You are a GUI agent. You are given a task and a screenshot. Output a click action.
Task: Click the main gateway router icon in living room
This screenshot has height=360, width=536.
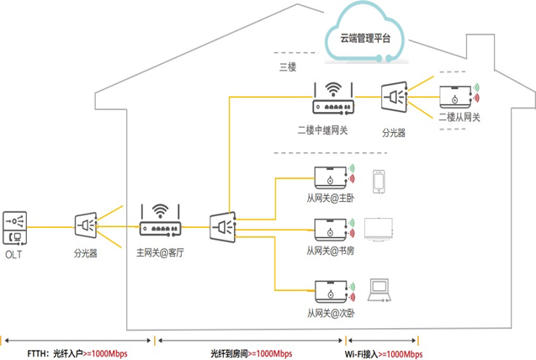click(160, 220)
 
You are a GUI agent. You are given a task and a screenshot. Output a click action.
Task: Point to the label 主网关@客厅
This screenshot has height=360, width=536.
click(160, 251)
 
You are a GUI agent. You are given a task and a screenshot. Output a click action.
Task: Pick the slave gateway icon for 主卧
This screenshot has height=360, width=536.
click(329, 178)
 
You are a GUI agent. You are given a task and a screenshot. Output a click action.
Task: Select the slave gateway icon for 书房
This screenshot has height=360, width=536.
click(329, 229)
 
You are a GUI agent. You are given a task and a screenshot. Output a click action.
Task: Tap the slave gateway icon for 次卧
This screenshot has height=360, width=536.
click(329, 290)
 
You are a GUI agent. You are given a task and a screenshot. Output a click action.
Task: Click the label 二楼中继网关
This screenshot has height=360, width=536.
click(322, 130)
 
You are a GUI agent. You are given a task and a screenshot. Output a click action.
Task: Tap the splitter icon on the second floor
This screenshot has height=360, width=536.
click(394, 99)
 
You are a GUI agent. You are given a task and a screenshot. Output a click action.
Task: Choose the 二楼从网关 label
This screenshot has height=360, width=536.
click(459, 119)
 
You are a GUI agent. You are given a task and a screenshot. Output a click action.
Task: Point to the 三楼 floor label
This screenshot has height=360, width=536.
click(288, 66)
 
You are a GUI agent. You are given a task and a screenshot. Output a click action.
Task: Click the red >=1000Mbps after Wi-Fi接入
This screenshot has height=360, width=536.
click(400, 352)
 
